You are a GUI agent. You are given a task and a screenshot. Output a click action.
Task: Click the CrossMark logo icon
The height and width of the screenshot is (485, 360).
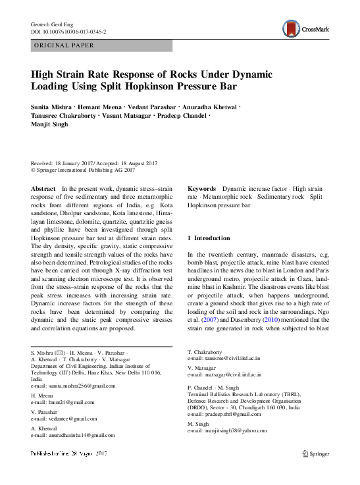tap(290, 29)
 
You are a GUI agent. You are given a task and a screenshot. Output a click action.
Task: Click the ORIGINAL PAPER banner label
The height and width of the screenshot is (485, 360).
tap(64, 45)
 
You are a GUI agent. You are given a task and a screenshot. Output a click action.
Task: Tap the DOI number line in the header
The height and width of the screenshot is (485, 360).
tap(68, 31)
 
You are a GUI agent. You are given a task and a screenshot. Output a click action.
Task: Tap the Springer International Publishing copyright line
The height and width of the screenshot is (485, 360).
tap(83, 170)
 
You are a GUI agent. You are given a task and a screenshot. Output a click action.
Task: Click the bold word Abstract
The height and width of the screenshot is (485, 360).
tap(43, 189)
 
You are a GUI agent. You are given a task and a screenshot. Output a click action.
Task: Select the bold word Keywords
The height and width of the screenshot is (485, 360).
tap(203, 189)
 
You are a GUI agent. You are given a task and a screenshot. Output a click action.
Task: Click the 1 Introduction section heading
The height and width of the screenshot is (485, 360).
tap(209, 238)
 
